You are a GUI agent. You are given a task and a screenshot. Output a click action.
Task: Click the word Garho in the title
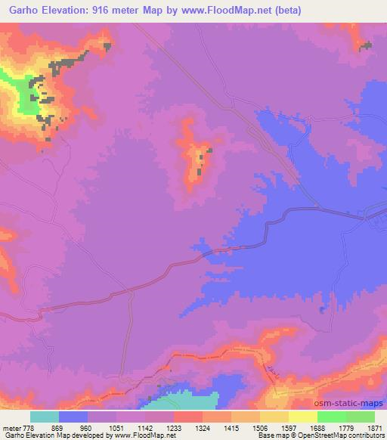tap(23, 11)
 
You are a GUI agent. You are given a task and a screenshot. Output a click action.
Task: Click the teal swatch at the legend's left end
tap(45, 417)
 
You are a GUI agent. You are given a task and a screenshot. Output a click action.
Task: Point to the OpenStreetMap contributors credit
tap(339, 435)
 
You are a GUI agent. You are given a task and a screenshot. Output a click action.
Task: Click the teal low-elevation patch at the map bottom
tap(189, 400)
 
